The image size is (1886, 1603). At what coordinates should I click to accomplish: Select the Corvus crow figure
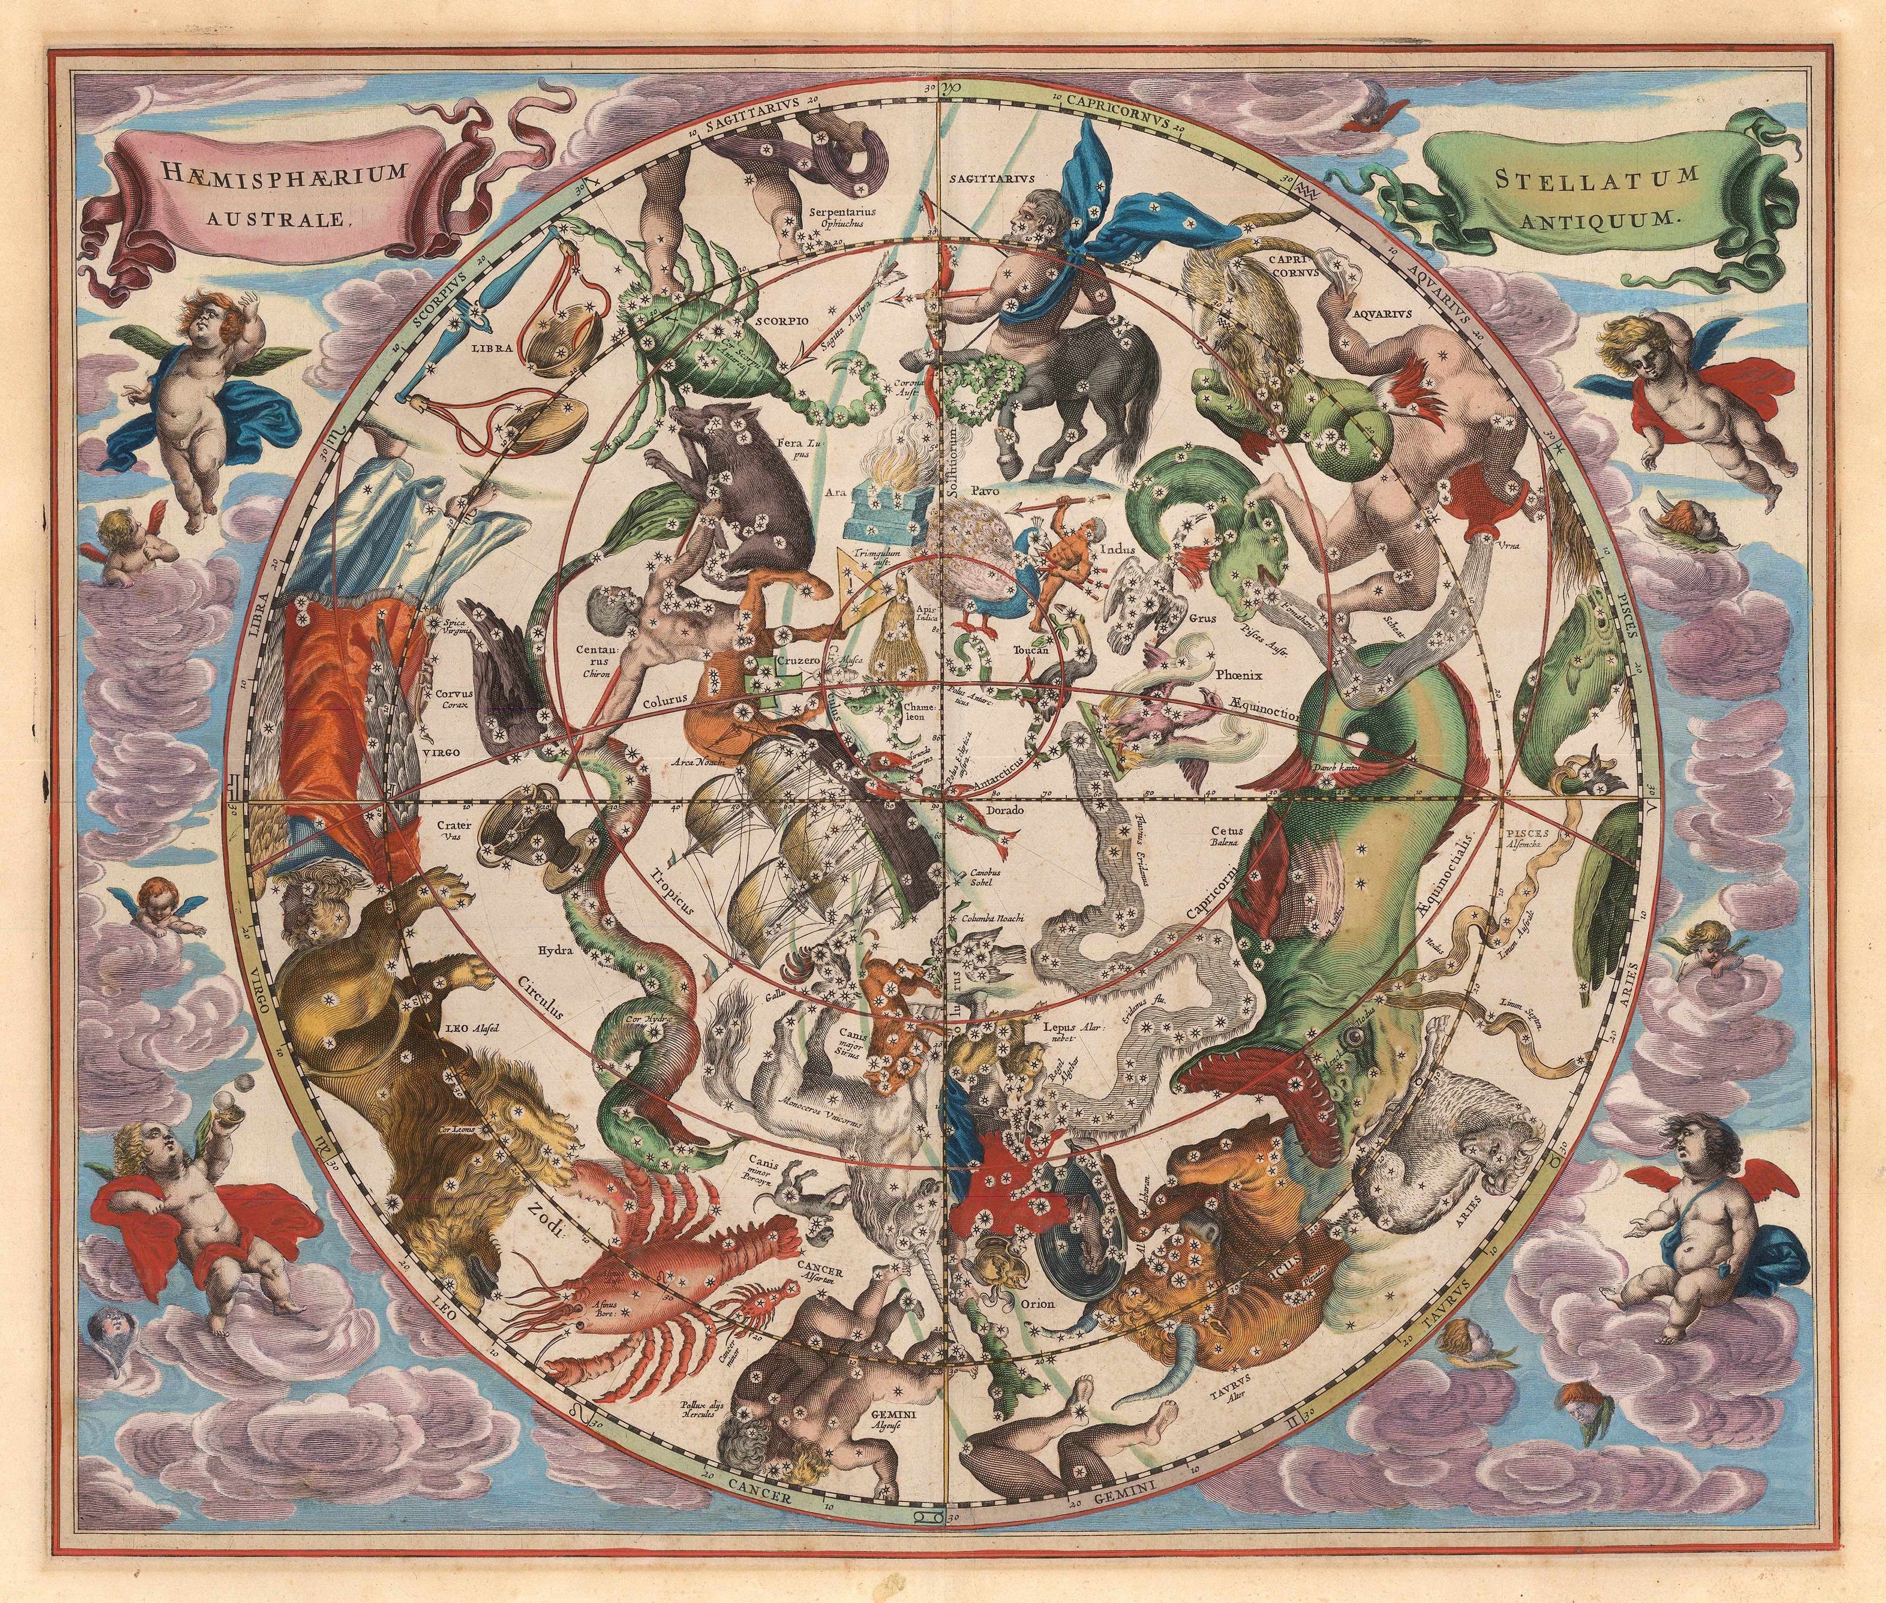[502, 686]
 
